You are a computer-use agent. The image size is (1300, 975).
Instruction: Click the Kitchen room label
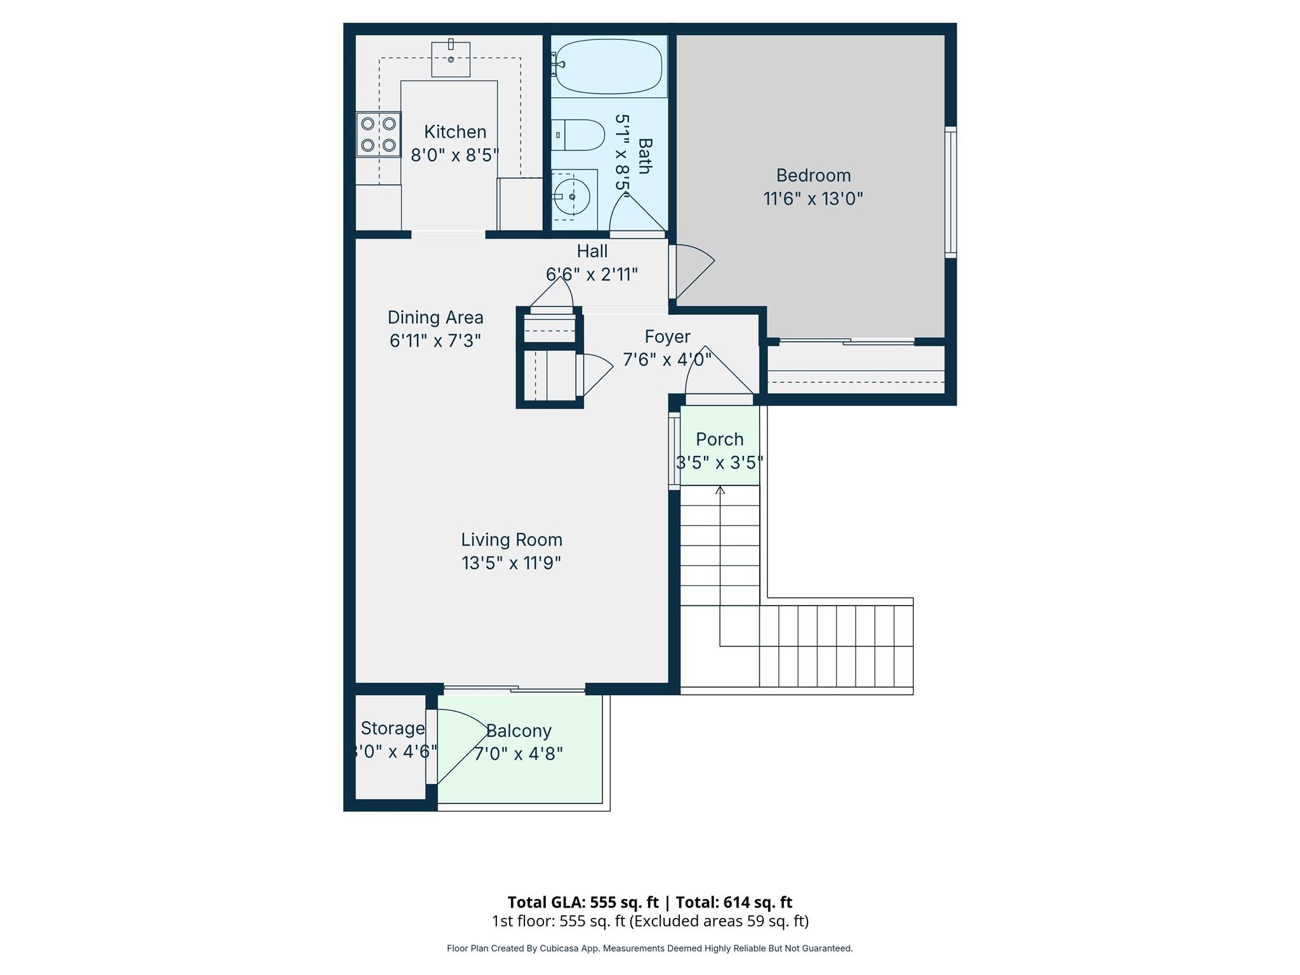coord(455,132)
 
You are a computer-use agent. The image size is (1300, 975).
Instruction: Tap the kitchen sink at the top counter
coord(451,59)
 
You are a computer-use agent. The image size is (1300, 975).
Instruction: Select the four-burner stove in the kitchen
coord(378,134)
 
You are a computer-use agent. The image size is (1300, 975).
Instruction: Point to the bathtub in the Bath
coord(609,66)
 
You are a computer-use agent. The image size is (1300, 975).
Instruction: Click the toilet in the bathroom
coord(578,135)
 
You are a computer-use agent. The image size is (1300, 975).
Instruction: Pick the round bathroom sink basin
coord(572,197)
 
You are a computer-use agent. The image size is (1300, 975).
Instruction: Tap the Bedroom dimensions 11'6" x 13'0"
coord(812,199)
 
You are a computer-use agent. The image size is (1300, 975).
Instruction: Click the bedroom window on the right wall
coord(950,192)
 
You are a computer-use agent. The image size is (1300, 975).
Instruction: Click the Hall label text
coord(592,251)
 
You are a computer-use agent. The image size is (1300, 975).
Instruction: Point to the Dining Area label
coord(435,317)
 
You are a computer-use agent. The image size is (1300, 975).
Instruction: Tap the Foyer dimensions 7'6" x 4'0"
coord(667,360)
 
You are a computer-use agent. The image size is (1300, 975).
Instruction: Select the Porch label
coord(719,439)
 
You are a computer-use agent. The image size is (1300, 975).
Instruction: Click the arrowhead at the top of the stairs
coord(720,490)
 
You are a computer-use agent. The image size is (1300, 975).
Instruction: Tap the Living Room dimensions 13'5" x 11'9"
coord(511,563)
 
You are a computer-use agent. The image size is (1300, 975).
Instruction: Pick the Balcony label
coord(519,731)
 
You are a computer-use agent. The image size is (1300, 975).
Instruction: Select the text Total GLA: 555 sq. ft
coord(583,902)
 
